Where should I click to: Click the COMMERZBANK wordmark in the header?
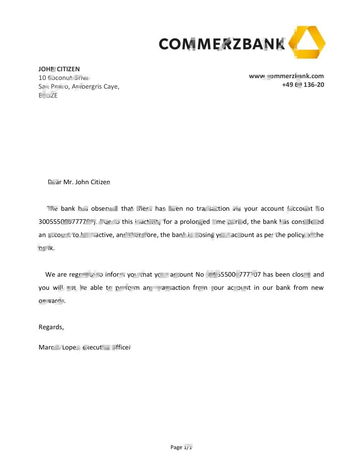click(222, 43)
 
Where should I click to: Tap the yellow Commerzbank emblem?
click(308, 43)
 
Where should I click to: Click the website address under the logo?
click(286, 76)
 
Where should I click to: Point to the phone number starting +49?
click(303, 85)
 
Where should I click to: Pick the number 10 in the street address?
click(42, 78)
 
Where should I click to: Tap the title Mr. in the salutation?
click(68, 182)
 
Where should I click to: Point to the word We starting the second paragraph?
click(50, 275)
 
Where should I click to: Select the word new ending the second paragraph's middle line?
click(317, 288)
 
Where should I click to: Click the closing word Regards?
click(51, 327)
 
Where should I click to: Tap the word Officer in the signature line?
click(121, 348)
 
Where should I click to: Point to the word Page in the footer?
click(176, 447)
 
